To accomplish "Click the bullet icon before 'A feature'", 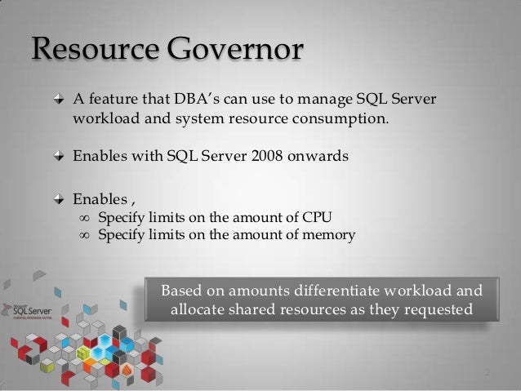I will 58,101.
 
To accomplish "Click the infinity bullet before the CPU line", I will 82,217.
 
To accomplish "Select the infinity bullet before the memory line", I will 82,236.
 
